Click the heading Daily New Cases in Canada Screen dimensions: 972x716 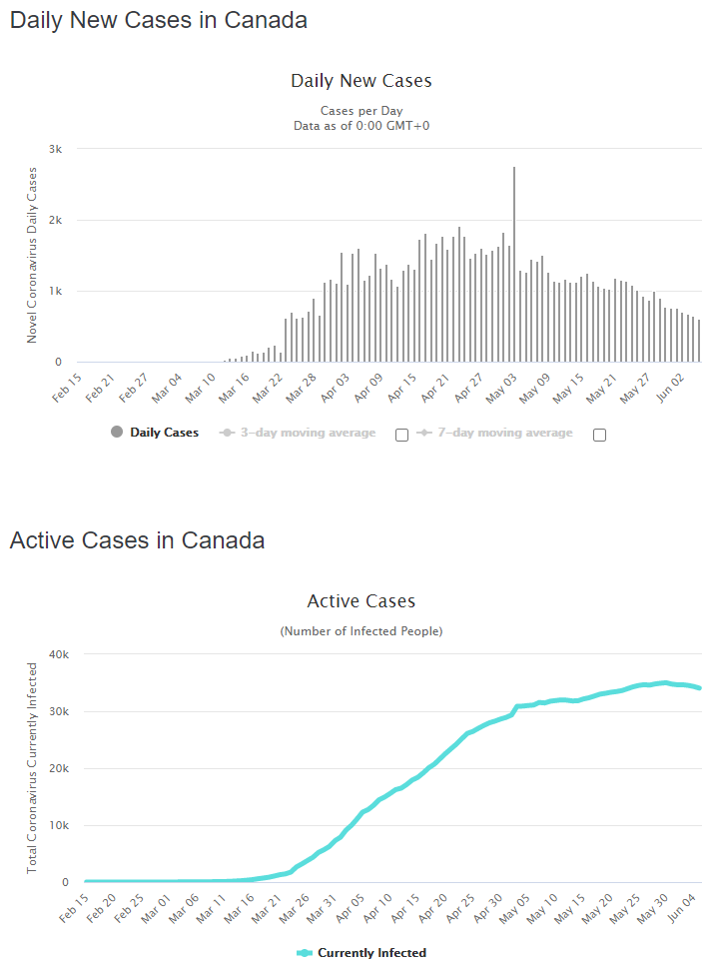click(x=159, y=20)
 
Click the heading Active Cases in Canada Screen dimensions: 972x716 click(x=137, y=540)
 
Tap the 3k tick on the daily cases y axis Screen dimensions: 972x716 click(x=56, y=149)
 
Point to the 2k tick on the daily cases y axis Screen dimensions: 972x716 click(x=56, y=220)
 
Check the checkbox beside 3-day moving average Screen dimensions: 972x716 click(x=401, y=435)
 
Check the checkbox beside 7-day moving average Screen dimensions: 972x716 click(x=599, y=435)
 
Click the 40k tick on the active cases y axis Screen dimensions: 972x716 click(x=54, y=654)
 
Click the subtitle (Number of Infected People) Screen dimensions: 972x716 click(x=360, y=631)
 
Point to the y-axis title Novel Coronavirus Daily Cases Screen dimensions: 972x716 click(x=32, y=255)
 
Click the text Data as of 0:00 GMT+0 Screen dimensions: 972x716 click(x=360, y=126)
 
